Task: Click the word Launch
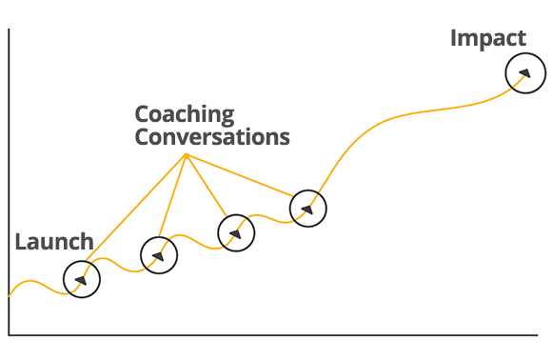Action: click(x=54, y=242)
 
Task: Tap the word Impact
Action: click(x=488, y=39)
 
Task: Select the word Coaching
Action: click(x=185, y=115)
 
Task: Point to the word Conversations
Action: click(x=212, y=137)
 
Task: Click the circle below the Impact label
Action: click(x=525, y=53)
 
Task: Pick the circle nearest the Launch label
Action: click(x=82, y=262)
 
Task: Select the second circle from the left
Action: click(x=159, y=237)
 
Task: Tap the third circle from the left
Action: click(x=236, y=215)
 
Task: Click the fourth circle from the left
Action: click(x=308, y=190)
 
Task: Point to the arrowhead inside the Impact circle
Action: click(x=525, y=73)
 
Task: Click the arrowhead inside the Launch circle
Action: click(x=82, y=280)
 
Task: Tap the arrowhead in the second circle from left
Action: click(x=158, y=256)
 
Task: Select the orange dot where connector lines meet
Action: click(x=187, y=155)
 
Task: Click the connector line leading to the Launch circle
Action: click(x=136, y=209)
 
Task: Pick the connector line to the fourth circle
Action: click(x=240, y=175)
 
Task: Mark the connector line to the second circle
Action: click(x=172, y=196)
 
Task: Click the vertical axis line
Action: click(x=9, y=182)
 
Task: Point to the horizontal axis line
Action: click(x=273, y=334)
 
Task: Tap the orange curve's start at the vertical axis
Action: click(x=10, y=296)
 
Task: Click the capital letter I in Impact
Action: click(x=453, y=38)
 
